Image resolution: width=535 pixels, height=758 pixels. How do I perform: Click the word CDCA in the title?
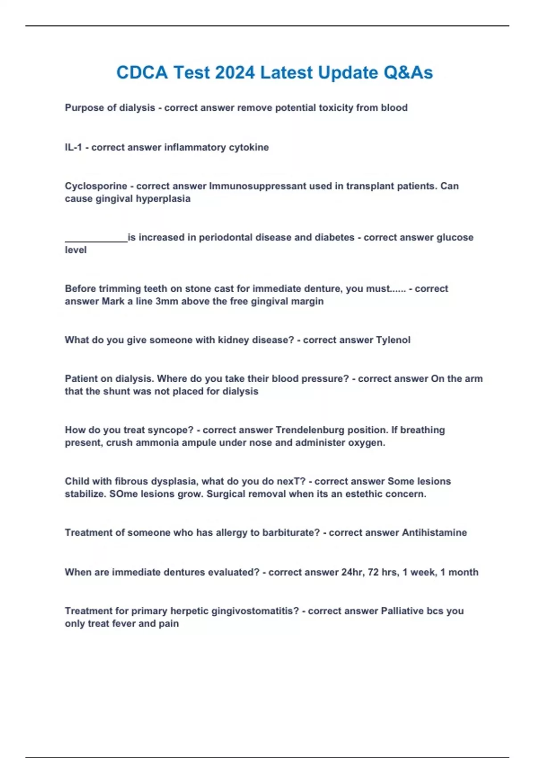tap(142, 73)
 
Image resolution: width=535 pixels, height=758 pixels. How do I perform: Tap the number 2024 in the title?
tap(235, 73)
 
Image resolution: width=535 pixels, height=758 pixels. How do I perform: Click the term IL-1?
tap(74, 148)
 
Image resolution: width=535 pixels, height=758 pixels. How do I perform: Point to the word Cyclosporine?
tap(96, 186)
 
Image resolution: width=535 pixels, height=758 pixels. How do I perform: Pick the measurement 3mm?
tap(168, 301)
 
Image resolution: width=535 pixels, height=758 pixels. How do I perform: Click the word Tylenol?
tap(393, 340)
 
